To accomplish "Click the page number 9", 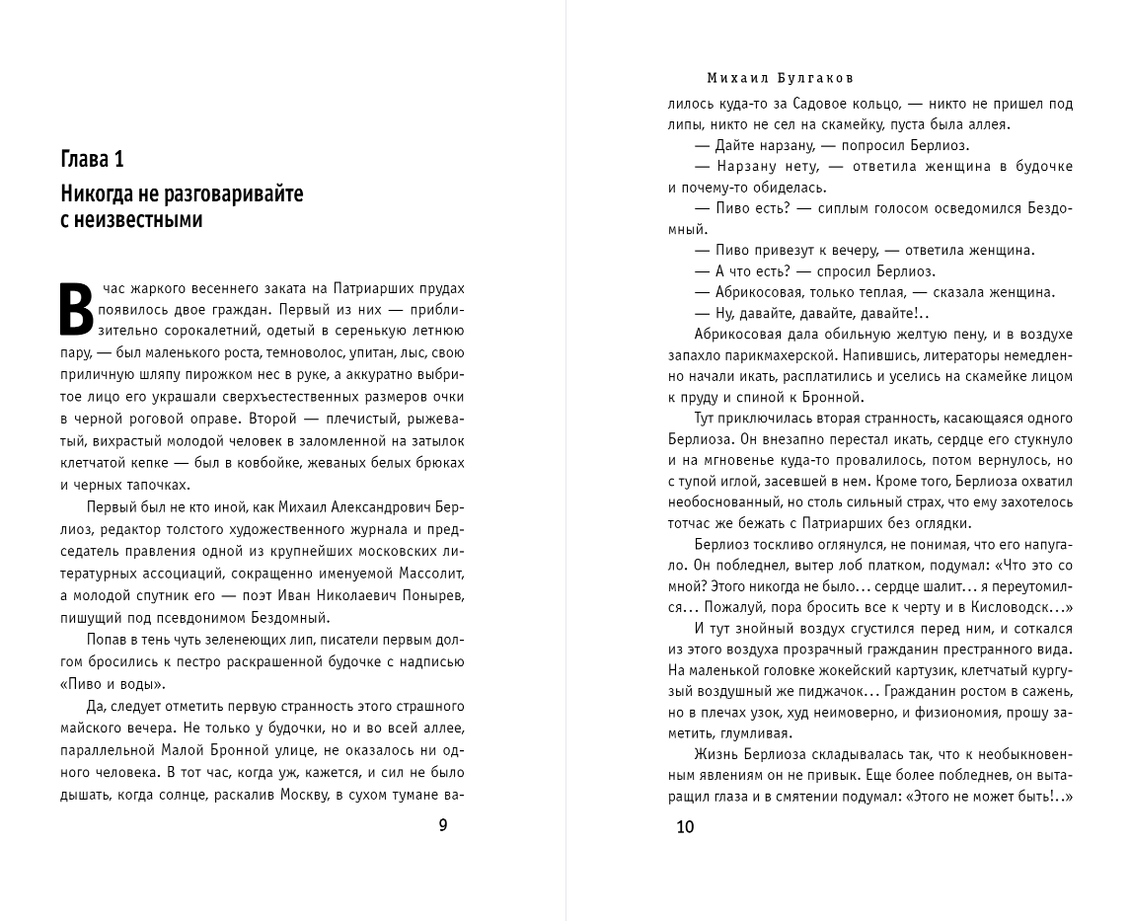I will (x=442, y=825).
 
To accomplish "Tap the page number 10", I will (x=685, y=826).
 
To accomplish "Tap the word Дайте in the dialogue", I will (x=730, y=145).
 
